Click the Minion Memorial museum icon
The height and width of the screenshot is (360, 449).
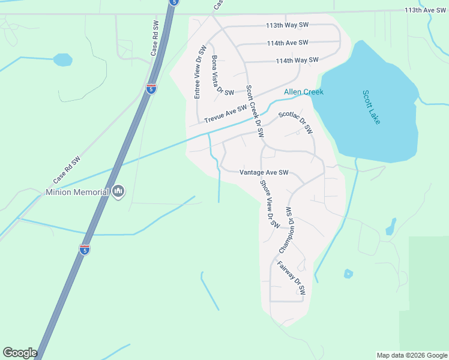click(x=118, y=192)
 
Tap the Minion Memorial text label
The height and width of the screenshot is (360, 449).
click(x=77, y=193)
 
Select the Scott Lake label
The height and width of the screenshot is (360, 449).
click(x=371, y=107)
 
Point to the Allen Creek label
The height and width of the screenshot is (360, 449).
click(x=304, y=92)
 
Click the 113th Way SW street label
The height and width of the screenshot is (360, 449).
click(x=288, y=25)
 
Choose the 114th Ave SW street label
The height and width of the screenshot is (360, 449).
click(x=288, y=43)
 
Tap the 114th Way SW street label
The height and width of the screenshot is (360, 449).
click(x=297, y=61)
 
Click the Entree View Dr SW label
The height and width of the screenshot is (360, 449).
click(x=199, y=72)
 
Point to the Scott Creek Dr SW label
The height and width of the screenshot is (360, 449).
click(x=255, y=112)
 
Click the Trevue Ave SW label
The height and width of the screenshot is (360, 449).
click(x=226, y=114)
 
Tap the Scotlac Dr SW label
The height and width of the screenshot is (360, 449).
click(x=295, y=122)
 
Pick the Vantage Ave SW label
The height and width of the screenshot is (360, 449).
click(x=264, y=172)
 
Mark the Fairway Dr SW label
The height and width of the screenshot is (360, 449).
click(x=292, y=277)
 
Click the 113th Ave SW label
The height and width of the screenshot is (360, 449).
click(x=426, y=10)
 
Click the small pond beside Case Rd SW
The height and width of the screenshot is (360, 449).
click(x=62, y=60)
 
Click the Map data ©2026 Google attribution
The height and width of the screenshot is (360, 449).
click(x=412, y=355)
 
